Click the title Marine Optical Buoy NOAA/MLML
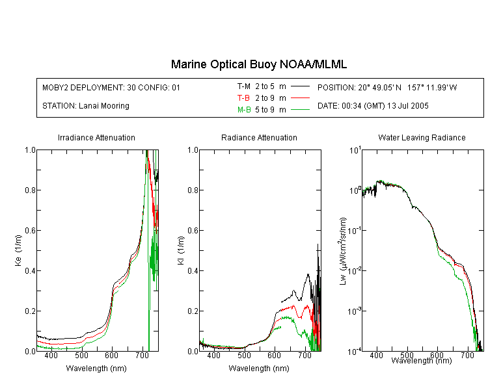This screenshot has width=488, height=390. [258, 64]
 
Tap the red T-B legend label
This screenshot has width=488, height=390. [243, 98]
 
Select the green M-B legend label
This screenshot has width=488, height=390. [244, 110]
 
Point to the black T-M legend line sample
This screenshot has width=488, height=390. [300, 86]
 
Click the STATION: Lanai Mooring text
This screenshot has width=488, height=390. [86, 106]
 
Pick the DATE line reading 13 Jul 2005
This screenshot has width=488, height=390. [373, 106]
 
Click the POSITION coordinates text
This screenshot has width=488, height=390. [387, 87]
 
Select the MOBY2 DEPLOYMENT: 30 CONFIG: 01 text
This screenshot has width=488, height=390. [111, 87]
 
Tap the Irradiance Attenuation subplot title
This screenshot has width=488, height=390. [96, 137]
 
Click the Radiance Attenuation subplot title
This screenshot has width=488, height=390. [259, 137]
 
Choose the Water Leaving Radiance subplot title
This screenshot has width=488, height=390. [422, 137]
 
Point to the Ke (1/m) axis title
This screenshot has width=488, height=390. [18, 250]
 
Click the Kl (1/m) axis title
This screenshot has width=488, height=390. [181, 250]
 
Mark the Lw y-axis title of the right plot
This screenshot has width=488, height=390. [343, 251]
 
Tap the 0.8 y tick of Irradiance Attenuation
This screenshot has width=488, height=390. [30, 190]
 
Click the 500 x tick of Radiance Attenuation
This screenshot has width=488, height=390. [244, 355]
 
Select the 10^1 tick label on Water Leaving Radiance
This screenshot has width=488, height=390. [355, 150]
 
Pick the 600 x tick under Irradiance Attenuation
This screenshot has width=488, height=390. [111, 355]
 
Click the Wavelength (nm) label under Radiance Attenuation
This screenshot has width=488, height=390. [259, 369]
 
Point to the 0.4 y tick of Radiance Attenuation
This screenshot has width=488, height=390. [193, 270]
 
